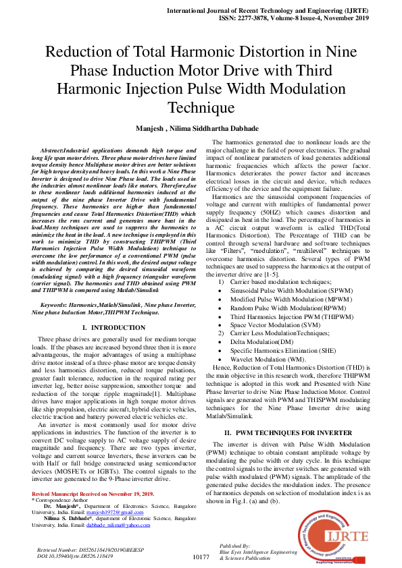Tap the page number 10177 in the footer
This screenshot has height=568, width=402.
click(201, 557)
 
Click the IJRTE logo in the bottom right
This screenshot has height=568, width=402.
click(339, 533)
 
